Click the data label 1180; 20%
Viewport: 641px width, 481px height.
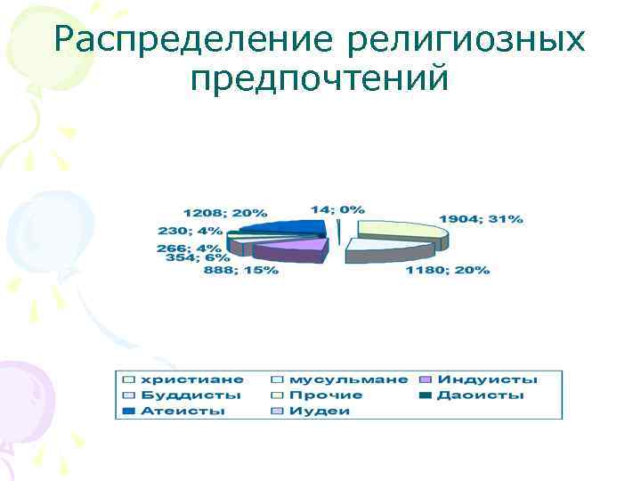coord(447,270)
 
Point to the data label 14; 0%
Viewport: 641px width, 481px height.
coord(337,209)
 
